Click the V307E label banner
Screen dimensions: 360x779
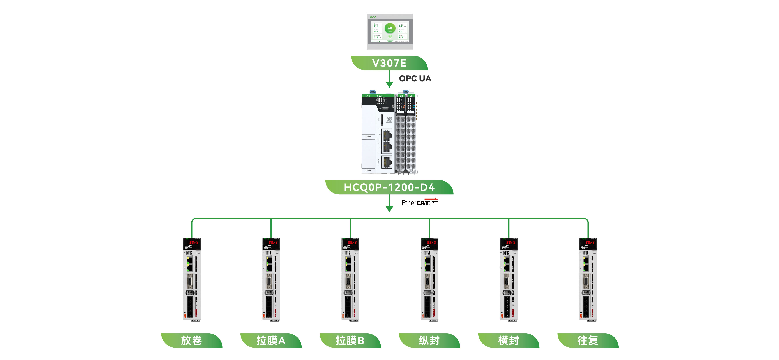coord(389,63)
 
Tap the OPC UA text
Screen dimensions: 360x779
coord(415,79)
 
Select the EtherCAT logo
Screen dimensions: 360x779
coord(419,202)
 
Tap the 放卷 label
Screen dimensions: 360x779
coord(191,340)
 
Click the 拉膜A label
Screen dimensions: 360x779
coord(271,340)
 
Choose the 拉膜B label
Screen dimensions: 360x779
coord(350,340)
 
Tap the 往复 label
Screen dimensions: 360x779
coord(588,340)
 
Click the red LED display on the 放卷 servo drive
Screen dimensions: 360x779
coord(194,242)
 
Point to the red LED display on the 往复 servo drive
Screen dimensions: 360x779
coord(590,242)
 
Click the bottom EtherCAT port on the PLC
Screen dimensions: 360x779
coord(387,162)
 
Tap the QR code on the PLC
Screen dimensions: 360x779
coord(389,119)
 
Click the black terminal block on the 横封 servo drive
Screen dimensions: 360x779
coord(507,306)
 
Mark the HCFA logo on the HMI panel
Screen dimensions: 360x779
coord(373,17)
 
